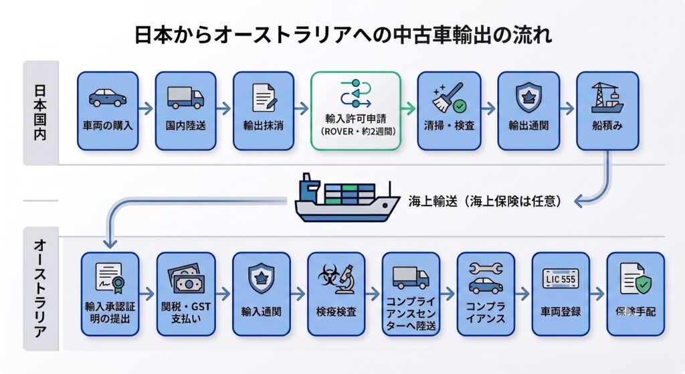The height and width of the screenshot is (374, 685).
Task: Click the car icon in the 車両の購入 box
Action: [x=108, y=98]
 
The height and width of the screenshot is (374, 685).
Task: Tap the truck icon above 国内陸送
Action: [x=185, y=98]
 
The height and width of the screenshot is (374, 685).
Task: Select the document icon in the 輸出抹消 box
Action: [x=264, y=98]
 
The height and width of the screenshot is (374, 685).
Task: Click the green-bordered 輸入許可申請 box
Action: [x=356, y=111]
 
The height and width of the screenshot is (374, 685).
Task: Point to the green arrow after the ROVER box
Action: [x=409, y=108]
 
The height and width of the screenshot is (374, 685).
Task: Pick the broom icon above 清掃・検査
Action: [x=448, y=97]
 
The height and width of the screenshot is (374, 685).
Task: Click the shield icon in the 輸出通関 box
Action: [x=528, y=98]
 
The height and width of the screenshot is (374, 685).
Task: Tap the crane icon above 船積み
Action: [x=607, y=98]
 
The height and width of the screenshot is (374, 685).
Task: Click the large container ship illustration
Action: [x=347, y=198]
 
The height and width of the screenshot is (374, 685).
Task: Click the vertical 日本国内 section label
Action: [x=39, y=112]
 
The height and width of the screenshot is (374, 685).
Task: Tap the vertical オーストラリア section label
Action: [x=39, y=288]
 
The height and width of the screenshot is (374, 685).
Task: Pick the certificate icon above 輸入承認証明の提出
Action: [x=110, y=278]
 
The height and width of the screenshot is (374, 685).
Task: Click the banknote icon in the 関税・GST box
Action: [x=186, y=279]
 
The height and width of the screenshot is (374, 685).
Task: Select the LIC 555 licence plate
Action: [x=561, y=279]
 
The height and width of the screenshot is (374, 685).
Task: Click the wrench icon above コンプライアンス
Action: [x=486, y=268]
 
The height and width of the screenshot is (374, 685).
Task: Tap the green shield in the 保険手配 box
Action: [x=643, y=284]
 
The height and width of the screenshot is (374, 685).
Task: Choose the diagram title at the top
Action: [x=342, y=35]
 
